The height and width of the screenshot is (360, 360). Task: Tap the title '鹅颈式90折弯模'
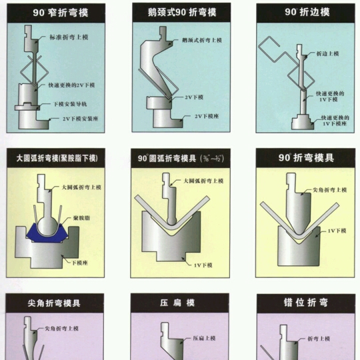tap(179, 11)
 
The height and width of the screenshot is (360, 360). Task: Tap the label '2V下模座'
tap(207, 116)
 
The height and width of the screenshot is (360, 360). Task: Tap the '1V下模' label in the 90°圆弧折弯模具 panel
tap(203, 265)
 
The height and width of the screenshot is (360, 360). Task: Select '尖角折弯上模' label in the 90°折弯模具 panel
tap(330, 190)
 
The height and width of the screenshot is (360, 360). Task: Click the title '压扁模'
tap(179, 303)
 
